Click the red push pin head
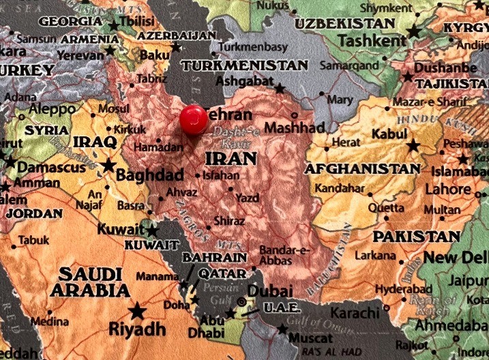[194, 119]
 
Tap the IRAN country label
[231, 159]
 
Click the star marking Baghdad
[108, 165]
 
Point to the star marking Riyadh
[138, 311]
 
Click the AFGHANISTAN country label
[363, 168]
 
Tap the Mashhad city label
[295, 128]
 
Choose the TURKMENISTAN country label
[245, 65]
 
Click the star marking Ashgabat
[280, 89]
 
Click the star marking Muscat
[282, 329]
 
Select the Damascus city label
[51, 166]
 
